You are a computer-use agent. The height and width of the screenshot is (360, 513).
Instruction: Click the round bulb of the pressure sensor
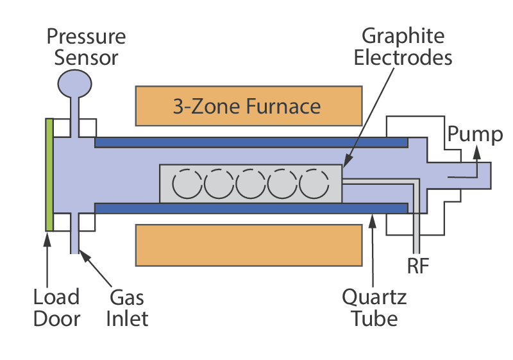[76, 83]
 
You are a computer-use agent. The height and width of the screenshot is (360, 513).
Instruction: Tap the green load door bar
[49, 175]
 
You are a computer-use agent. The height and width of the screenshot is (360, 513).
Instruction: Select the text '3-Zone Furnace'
[247, 106]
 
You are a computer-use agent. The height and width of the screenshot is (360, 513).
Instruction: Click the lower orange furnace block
[249, 244]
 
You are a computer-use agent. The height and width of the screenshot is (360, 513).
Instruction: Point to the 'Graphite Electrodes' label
[407, 46]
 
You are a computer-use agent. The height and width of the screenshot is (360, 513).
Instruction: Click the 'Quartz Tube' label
[374, 307]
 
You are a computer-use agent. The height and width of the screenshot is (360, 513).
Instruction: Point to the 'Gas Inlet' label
[127, 307]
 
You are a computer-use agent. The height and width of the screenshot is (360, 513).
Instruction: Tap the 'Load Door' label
[56, 307]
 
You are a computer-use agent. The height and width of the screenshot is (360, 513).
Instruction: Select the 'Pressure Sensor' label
[87, 46]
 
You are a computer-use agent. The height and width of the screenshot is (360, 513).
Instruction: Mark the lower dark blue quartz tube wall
[251, 208]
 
